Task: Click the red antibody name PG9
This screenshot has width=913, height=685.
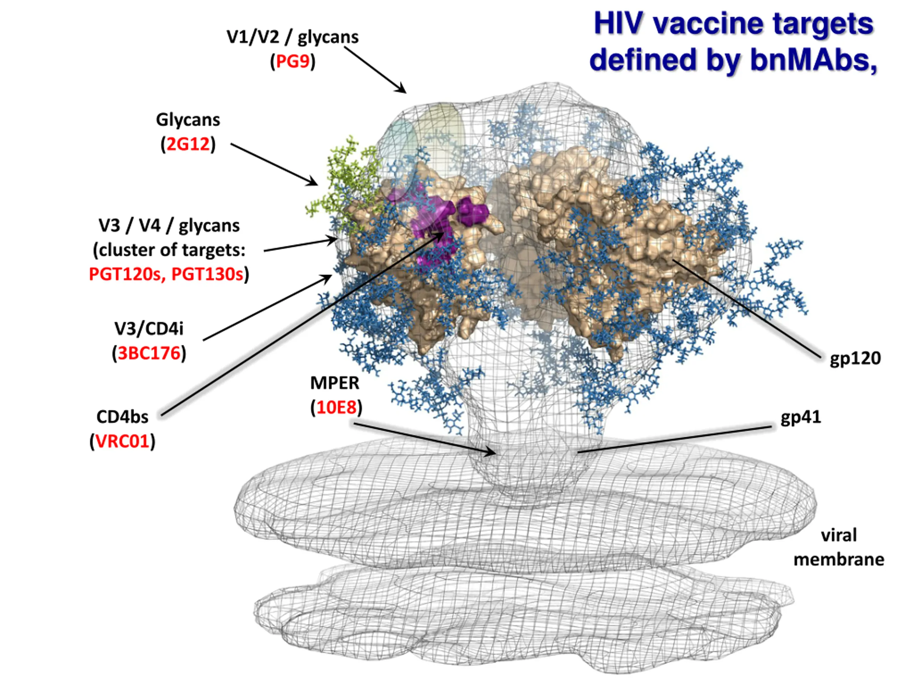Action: (x=293, y=61)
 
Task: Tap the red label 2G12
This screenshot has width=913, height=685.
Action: (x=188, y=144)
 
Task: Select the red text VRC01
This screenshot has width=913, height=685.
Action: (x=122, y=441)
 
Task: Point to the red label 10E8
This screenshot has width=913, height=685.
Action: (x=336, y=407)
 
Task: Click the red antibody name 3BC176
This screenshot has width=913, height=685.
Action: (x=149, y=354)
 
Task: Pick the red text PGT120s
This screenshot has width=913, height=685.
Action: (x=125, y=274)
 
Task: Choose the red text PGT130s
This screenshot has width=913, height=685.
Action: (x=207, y=274)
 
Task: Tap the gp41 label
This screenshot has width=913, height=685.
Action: (x=801, y=417)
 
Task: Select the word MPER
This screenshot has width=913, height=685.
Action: (x=335, y=383)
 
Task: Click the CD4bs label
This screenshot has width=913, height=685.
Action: (x=122, y=417)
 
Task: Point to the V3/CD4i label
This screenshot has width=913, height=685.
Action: (x=149, y=329)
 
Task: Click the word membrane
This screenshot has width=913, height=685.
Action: (x=839, y=560)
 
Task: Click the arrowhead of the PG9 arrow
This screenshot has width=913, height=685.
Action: (x=402, y=89)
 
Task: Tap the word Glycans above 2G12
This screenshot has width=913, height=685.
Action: (x=188, y=120)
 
